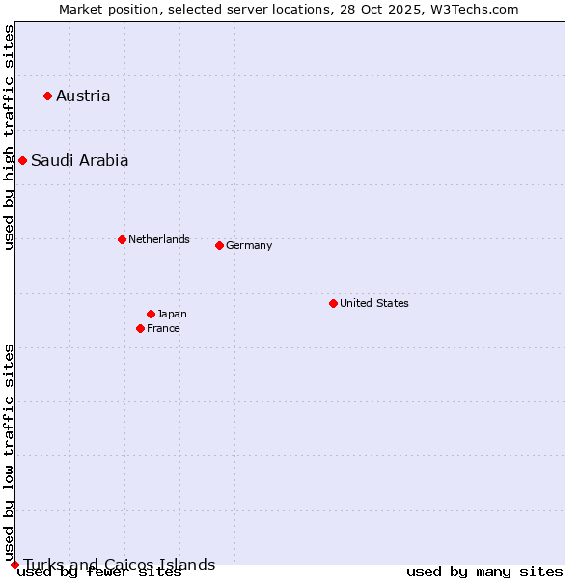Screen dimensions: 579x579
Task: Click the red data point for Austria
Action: [47, 96]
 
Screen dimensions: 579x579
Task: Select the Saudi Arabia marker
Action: [22, 160]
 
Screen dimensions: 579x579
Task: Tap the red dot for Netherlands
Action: [122, 239]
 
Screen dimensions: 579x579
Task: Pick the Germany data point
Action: [219, 245]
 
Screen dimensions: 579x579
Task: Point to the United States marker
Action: [333, 303]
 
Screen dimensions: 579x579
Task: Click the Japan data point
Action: [151, 314]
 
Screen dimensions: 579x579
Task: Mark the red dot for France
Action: [140, 328]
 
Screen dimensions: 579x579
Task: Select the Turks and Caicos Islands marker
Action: [14, 565]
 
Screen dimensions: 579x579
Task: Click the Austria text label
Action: [83, 96]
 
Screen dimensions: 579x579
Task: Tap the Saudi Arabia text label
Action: [79, 161]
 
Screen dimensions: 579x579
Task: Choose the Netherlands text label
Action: [158, 239]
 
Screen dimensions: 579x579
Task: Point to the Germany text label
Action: [249, 245]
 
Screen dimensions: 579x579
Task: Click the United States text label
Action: [373, 303]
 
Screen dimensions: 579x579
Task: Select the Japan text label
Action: [172, 314]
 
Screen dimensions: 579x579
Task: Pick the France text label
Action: [163, 328]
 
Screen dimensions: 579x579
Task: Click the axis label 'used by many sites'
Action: [484, 572]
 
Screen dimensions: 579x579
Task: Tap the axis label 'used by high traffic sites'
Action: [9, 137]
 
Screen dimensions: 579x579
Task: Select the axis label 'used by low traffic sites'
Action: [9, 452]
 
